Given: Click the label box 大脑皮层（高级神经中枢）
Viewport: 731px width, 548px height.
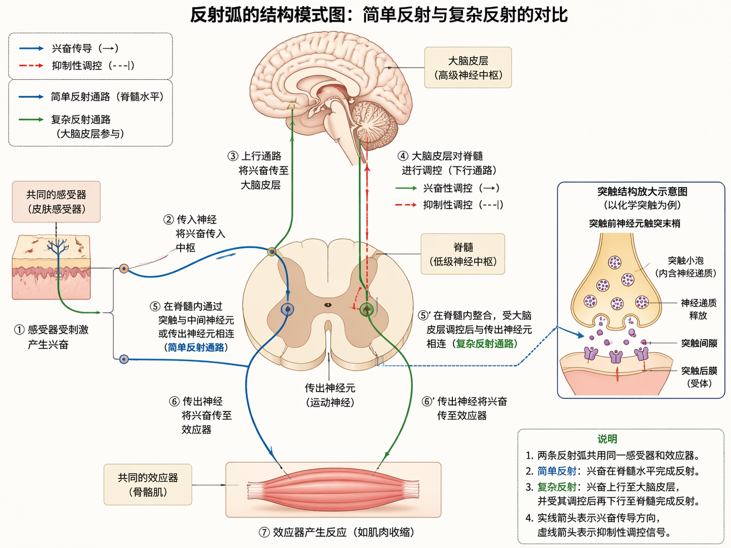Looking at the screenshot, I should tap(467, 68).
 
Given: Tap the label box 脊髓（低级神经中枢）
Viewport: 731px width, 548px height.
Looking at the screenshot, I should tap(462, 254).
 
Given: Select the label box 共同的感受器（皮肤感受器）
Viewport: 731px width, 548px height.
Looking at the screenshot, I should tap(56, 202).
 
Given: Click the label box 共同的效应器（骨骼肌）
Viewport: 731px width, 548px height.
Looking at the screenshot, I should tap(147, 484).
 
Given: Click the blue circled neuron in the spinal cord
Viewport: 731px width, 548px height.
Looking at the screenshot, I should tap(287, 309).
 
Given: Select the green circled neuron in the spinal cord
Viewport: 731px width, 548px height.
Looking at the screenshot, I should tap(367, 309).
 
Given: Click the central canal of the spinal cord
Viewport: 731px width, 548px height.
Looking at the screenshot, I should tap(328, 305).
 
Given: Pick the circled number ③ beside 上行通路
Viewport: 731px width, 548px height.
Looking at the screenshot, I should tap(232, 156).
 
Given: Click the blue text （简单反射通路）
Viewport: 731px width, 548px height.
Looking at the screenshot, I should tap(196, 347).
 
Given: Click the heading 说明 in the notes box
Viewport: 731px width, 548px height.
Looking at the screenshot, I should tap(607, 439).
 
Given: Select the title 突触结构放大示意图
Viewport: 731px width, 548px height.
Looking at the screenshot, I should tap(642, 192).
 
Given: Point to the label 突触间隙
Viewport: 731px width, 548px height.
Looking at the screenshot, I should tap(699, 343).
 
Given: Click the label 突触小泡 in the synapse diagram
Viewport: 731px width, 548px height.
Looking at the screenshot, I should tap(686, 260).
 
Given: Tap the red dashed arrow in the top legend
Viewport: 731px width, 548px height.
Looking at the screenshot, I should tap(31, 66).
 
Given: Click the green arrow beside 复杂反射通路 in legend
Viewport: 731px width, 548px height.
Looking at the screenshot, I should tap(31, 120).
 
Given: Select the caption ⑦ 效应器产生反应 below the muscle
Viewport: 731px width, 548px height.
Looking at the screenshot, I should tap(336, 532).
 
